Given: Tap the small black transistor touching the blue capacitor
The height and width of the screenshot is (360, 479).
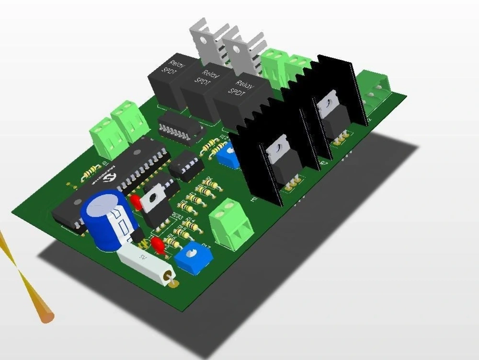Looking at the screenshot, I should (138, 235).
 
